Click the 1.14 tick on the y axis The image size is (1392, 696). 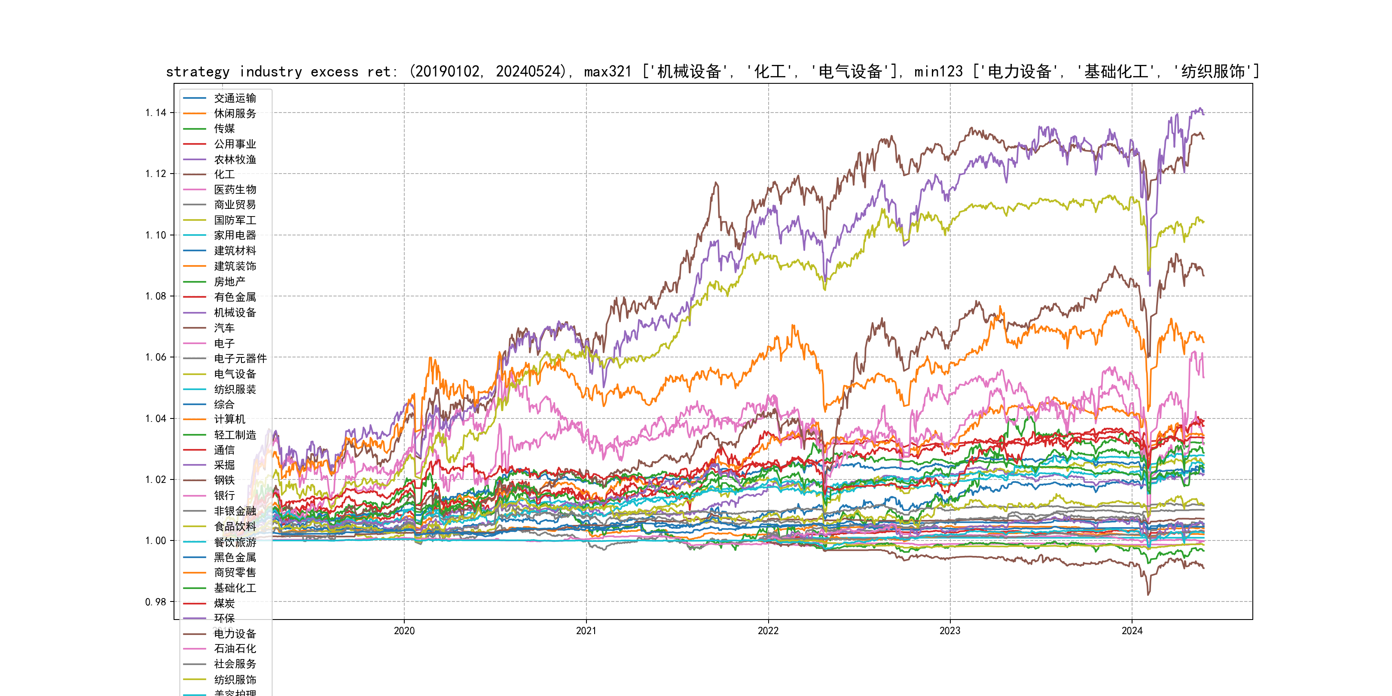click(x=156, y=113)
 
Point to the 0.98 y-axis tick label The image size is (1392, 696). click(x=156, y=602)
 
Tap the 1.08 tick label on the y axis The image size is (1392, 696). click(x=156, y=296)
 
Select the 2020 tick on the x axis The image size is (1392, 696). click(x=404, y=631)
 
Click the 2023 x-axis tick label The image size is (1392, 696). click(x=950, y=631)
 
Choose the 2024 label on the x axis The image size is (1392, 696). click(x=1132, y=631)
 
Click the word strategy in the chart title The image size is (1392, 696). click(x=197, y=72)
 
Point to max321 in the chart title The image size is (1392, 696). click(x=607, y=72)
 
